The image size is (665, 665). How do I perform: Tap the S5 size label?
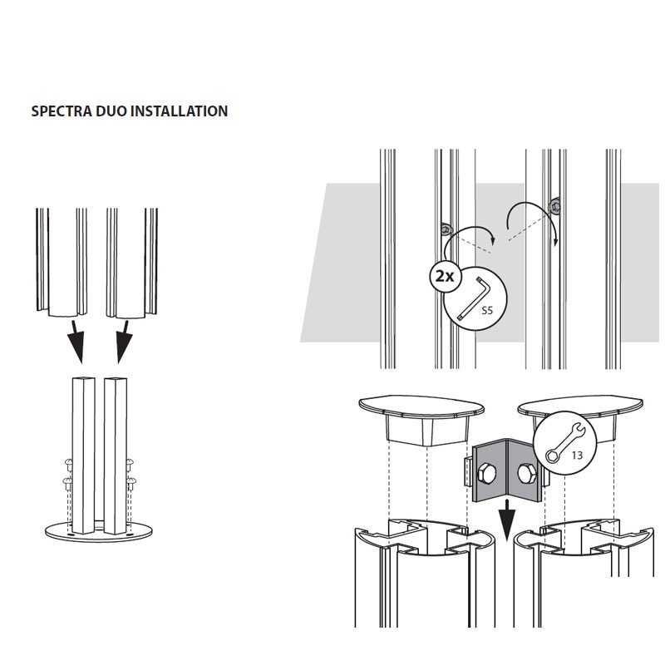tap(488, 311)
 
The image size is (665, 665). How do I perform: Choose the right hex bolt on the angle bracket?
tap(527, 474)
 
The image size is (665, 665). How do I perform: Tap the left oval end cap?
tap(422, 408)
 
